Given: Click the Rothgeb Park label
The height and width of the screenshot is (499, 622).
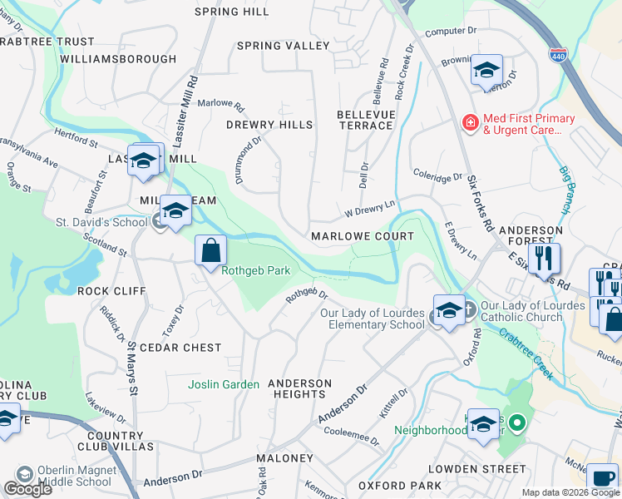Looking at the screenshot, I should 256,269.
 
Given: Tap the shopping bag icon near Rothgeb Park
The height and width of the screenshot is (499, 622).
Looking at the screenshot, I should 210,249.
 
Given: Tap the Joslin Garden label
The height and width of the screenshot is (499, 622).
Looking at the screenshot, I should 224,384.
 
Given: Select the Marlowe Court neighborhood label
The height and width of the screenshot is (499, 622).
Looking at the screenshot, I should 362,237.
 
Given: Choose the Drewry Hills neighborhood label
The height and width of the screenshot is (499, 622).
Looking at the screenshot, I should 269,125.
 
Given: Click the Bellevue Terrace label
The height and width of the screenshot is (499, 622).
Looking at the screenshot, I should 365,119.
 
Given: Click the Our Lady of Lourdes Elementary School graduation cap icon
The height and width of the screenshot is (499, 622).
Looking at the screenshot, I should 449,311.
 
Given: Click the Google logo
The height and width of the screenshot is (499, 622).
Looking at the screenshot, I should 28,489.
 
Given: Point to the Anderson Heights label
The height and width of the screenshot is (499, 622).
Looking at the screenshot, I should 300,388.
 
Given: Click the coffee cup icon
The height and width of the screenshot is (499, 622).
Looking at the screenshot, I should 602,479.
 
